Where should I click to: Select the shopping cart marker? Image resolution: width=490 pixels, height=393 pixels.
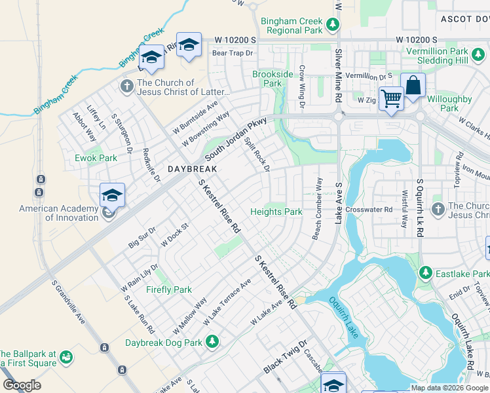pos(391,98)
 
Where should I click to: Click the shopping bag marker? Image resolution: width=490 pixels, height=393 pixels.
pos(413,84)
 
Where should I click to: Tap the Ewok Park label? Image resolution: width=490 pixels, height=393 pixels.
pos(96,158)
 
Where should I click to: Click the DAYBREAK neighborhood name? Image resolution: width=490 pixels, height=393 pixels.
pos(192,168)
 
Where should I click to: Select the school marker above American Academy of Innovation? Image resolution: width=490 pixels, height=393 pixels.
pos(112,195)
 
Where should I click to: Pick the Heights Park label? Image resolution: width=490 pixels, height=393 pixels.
pos(276,212)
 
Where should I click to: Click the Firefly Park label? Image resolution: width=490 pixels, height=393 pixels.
pos(169,290)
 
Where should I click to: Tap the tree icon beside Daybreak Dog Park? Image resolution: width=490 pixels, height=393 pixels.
pos(212,341)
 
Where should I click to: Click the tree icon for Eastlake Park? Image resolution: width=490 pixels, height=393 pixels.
pos(425,272)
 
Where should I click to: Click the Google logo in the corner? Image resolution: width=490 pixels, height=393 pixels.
pos(22,385)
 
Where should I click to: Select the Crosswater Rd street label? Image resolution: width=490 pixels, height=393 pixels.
pos(369,210)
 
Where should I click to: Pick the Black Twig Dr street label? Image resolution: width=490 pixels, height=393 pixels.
pos(285,357)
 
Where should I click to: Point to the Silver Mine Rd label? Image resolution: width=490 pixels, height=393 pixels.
pos(339,75)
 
